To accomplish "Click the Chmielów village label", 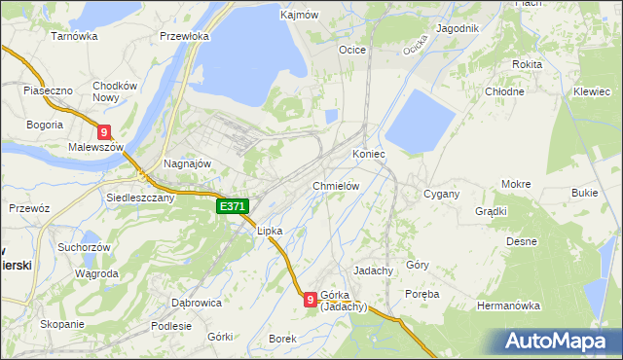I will click(337, 186).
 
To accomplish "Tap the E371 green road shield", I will click(233, 206).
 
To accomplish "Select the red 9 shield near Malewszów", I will click(104, 132).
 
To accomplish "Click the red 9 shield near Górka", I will click(310, 300).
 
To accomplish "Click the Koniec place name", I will click(369, 154).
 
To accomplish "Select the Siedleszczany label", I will click(140, 197).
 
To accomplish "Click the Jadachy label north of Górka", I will click(373, 270).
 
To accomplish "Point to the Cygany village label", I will click(441, 194).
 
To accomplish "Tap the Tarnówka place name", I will click(75, 36).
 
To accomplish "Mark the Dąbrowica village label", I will click(196, 303).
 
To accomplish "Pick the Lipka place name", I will click(269, 232).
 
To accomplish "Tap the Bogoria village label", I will click(45, 125).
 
